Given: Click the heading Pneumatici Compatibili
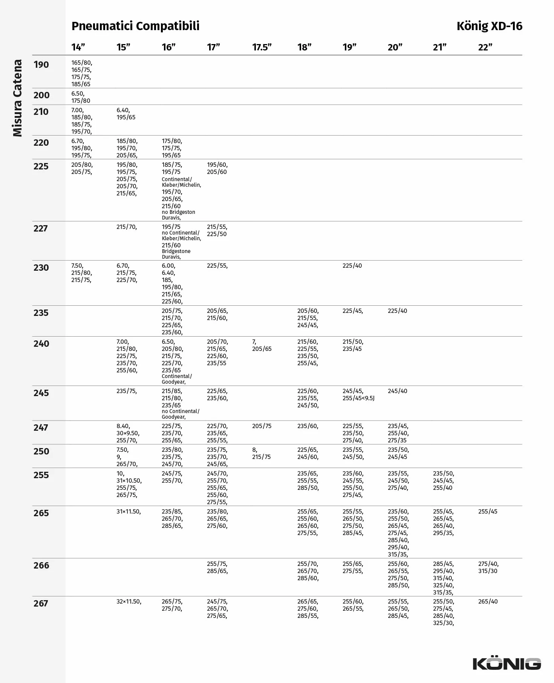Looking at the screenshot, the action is pyautogui.click(x=135, y=26).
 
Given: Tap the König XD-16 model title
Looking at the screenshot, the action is pyautogui.click(x=489, y=26).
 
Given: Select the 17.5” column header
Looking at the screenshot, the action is pyautogui.click(x=262, y=47).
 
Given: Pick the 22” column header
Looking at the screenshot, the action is pyautogui.click(x=485, y=47).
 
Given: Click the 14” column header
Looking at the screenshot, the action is pyautogui.click(x=78, y=47).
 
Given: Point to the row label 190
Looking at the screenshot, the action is pyautogui.click(x=41, y=65).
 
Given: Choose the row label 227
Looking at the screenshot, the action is pyautogui.click(x=41, y=229).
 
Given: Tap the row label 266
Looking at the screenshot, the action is pyautogui.click(x=41, y=566).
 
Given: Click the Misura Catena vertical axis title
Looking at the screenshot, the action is pyautogui.click(x=17, y=98).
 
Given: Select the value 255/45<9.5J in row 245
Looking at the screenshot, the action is pyautogui.click(x=358, y=398).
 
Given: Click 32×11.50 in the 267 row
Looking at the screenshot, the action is pyautogui.click(x=129, y=602).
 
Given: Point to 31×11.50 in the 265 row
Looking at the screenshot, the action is pyautogui.click(x=129, y=512).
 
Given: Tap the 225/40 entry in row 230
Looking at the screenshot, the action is pyautogui.click(x=352, y=266).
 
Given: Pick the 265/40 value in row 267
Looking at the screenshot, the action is pyautogui.click(x=488, y=602).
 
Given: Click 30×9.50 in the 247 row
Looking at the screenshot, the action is pyautogui.click(x=128, y=433).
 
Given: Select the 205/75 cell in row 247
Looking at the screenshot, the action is pyautogui.click(x=262, y=426).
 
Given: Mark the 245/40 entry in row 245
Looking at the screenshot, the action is pyautogui.click(x=397, y=391).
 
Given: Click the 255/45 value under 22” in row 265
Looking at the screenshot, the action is pyautogui.click(x=488, y=512).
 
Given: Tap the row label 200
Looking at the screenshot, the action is pyautogui.click(x=41, y=95).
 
